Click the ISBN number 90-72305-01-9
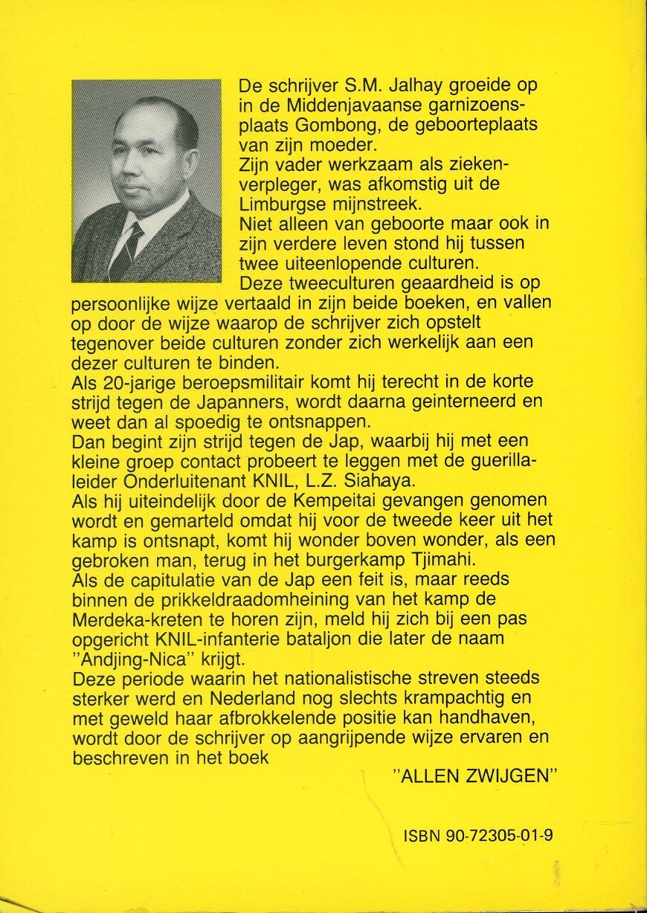479,835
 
